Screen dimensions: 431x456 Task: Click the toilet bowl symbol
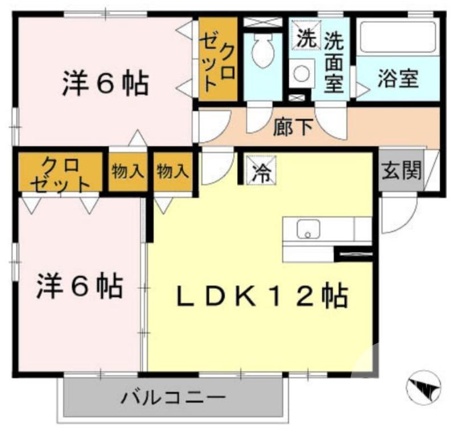(263, 51)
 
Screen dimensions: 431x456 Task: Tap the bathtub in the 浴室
(397, 38)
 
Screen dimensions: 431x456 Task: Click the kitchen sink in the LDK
(308, 229)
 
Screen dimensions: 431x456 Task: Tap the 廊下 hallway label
(293, 127)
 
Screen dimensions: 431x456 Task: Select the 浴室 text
(397, 79)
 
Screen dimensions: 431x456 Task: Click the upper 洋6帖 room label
(105, 84)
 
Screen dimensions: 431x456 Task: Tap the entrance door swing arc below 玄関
(397, 215)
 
